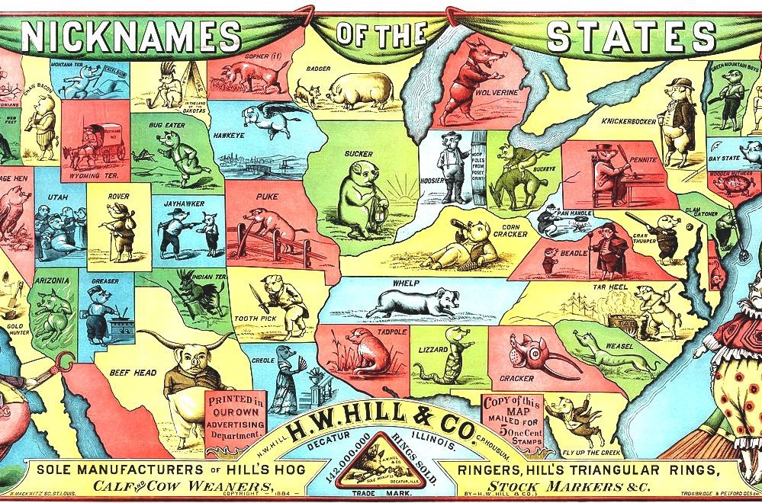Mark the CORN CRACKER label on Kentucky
510,229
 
